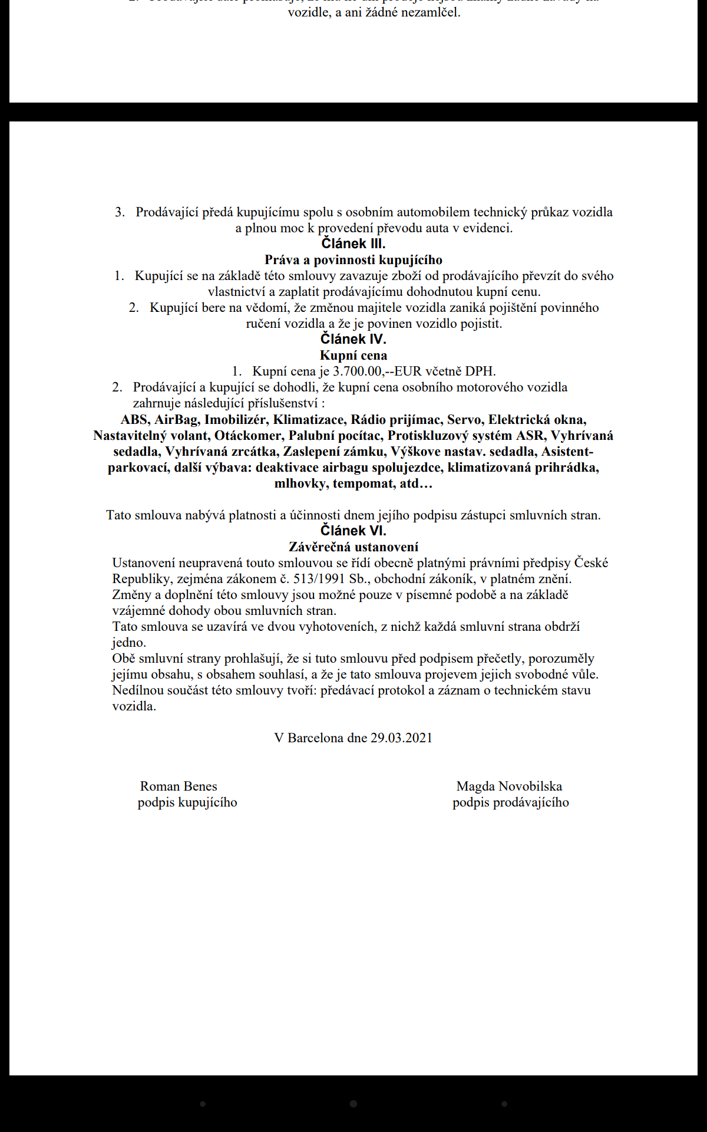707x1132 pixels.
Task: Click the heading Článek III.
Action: [x=353, y=243]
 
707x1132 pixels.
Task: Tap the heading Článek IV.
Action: [x=353, y=339]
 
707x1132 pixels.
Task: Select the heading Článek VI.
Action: [x=353, y=531]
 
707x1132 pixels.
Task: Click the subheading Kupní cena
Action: [x=353, y=356]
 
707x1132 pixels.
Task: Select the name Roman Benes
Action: [x=179, y=787]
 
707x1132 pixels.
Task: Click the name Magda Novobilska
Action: [x=509, y=787]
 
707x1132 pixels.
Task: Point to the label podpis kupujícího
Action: [x=187, y=802]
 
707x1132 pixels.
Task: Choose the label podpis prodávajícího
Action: [x=511, y=802]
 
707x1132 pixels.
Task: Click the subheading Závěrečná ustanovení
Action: [x=353, y=547]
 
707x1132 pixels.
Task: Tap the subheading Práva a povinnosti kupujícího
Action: [x=353, y=260]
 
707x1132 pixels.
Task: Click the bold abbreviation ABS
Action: [x=134, y=420]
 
